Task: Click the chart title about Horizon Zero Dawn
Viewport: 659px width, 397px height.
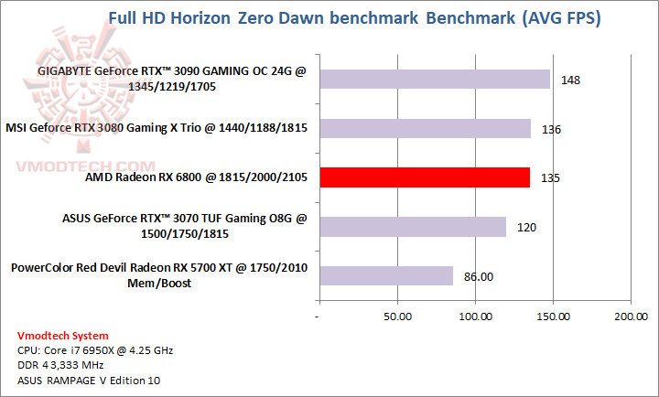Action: tap(354, 18)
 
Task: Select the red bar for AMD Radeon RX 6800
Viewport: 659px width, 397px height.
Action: tap(424, 177)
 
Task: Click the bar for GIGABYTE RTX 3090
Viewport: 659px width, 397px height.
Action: tap(434, 80)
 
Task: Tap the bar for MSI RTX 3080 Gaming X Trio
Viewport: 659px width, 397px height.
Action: tap(424, 128)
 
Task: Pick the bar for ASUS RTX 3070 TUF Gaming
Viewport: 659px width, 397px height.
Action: tap(412, 227)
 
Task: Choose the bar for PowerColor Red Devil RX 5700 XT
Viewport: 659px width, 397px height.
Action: tap(385, 275)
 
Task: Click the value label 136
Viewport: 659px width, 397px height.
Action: tap(552, 129)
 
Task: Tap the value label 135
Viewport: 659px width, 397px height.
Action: tap(551, 178)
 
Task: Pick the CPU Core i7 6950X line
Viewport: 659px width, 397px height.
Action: tap(95, 350)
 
